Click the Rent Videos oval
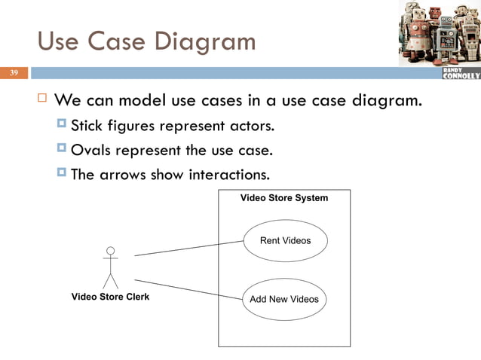click(285, 241)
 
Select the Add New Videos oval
click(284, 299)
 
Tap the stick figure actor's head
click(111, 250)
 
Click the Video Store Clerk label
click(110, 297)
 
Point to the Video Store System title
click(284, 198)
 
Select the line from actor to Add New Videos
click(188, 289)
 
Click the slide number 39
click(13, 73)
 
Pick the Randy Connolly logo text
click(460, 73)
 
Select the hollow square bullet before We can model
click(41, 99)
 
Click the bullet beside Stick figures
click(61, 124)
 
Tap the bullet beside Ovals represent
click(61, 148)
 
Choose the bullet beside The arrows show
click(61, 173)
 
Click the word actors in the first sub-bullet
click(250, 124)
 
